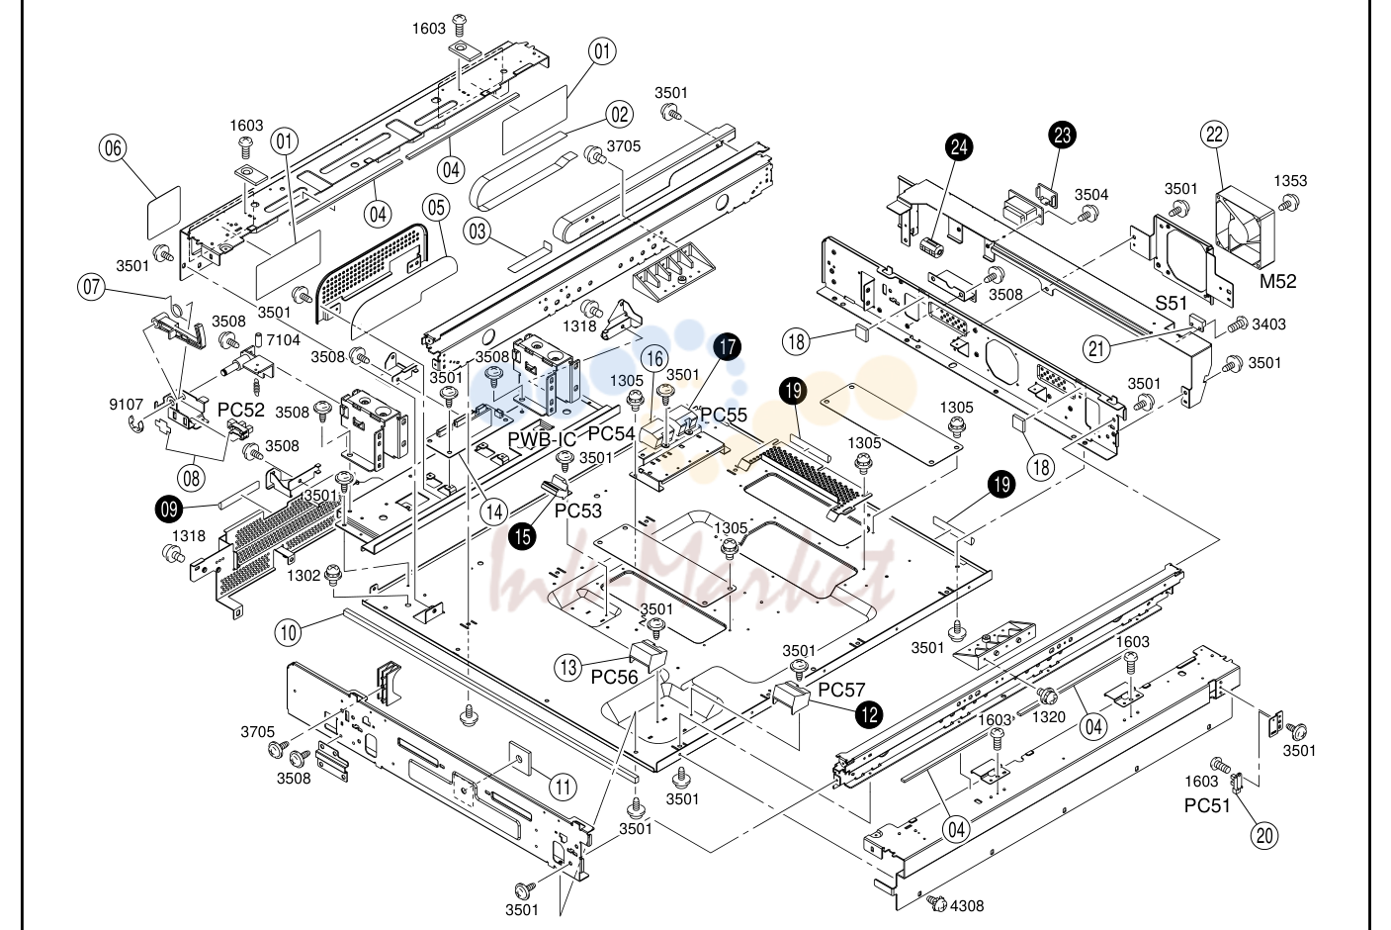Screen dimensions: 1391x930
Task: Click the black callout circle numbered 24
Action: [959, 147]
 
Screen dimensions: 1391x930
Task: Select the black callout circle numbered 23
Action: [1063, 135]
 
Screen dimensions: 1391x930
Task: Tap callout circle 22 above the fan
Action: [1214, 135]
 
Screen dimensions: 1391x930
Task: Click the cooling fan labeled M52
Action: [1244, 229]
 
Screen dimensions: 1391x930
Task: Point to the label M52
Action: [1278, 281]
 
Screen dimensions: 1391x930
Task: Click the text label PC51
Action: [1207, 805]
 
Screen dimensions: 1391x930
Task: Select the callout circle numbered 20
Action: [1264, 836]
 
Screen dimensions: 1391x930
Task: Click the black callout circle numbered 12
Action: [869, 715]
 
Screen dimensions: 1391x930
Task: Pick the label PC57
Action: [841, 690]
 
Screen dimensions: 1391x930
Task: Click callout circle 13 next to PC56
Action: [568, 668]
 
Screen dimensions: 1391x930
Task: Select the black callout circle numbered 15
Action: [522, 537]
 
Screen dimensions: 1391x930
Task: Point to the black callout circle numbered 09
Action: [169, 510]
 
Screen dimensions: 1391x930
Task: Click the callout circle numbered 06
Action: [113, 148]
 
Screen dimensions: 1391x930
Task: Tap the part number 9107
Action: [127, 405]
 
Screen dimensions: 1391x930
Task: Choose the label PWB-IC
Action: [542, 439]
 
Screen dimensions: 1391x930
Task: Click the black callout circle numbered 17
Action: [728, 346]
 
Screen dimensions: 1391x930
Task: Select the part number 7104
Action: [283, 340]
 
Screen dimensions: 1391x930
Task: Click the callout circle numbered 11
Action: [563, 788]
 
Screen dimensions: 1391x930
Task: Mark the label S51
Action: [1172, 303]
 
